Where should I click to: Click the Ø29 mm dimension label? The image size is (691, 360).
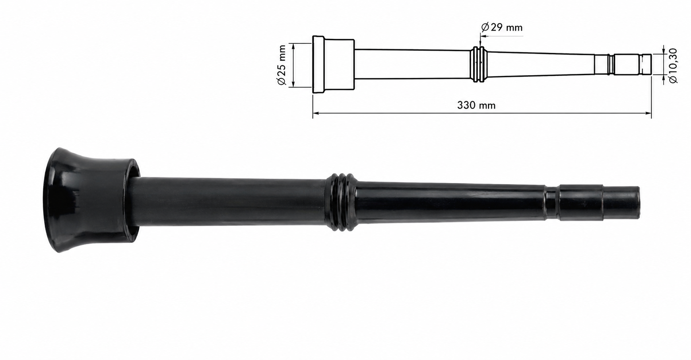502,27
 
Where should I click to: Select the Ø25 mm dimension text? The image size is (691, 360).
281,65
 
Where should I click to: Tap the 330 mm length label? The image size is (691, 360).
476,105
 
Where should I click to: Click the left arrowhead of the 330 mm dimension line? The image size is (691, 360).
316,113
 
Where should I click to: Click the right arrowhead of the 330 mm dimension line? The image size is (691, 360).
648,113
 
